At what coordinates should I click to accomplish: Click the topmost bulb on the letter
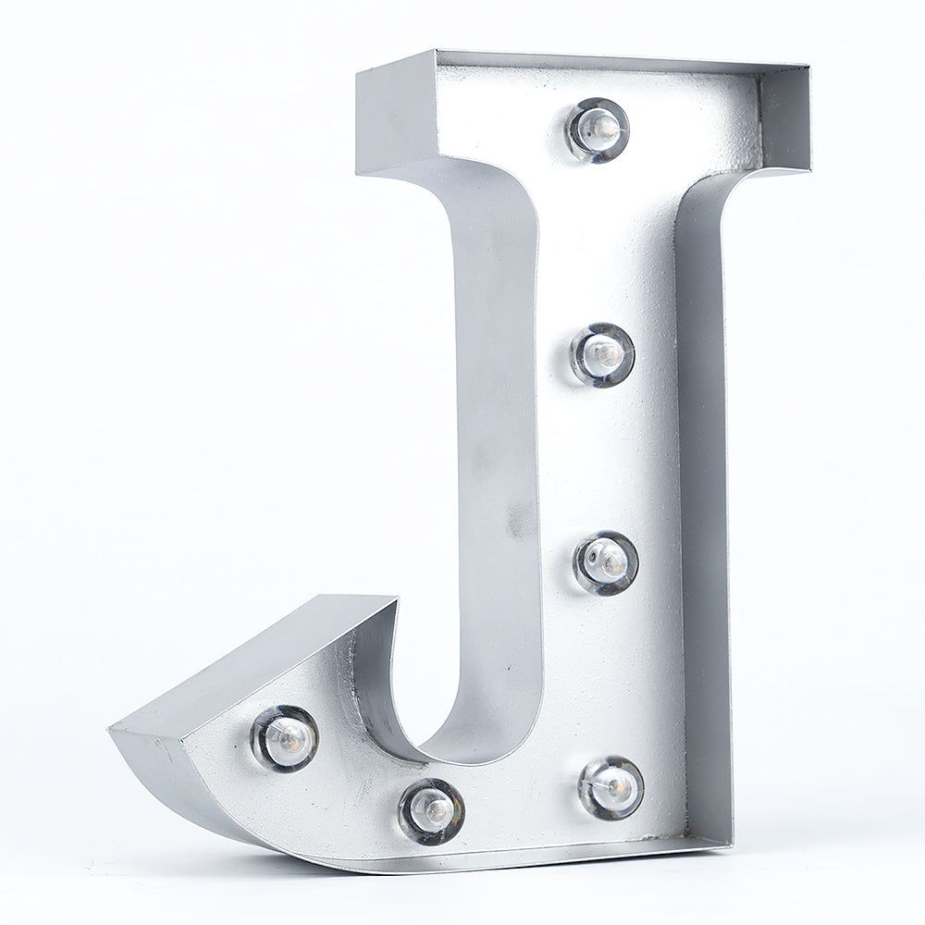[598, 129]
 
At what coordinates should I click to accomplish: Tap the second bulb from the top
[602, 353]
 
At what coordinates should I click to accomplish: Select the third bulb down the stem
[606, 561]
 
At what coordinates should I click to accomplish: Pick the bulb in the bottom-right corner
[610, 787]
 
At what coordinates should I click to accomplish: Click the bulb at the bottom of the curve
[431, 810]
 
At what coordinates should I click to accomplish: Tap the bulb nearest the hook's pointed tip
[285, 737]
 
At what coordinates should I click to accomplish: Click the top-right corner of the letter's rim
[808, 67]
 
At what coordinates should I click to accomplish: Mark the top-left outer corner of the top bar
[358, 71]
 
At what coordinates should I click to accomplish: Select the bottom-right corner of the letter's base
[730, 843]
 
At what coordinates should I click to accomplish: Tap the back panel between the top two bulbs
[600, 240]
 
